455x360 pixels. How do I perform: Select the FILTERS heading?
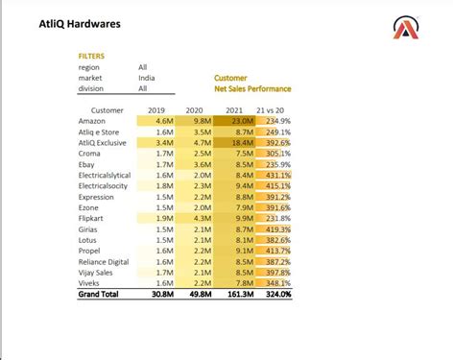91,57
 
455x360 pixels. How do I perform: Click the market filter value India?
148,78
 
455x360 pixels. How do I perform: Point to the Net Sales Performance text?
252,88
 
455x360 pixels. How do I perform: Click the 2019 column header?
156,110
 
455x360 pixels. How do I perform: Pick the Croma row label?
91,153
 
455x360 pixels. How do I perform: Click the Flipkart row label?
93,218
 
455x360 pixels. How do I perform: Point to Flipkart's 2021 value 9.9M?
243,218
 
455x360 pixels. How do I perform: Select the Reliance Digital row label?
104,261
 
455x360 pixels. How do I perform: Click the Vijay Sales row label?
97,273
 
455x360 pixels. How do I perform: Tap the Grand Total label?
99,294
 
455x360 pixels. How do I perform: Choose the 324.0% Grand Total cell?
276,294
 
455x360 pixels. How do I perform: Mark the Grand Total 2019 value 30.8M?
159,294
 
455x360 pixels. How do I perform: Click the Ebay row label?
88,164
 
